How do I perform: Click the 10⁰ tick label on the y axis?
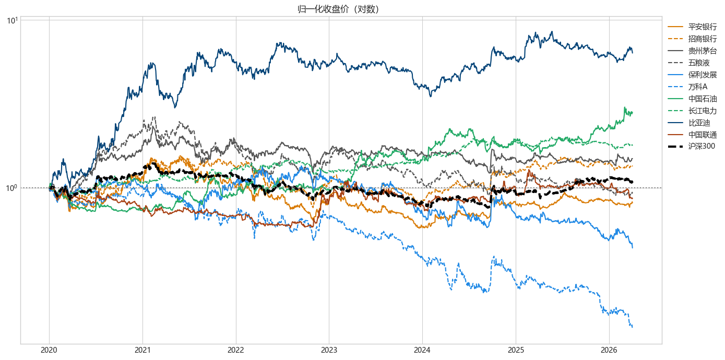coord(12,188)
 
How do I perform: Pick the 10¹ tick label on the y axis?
coord(12,20)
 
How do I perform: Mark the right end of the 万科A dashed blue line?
coord(633,327)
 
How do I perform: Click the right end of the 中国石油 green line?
coord(633,112)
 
